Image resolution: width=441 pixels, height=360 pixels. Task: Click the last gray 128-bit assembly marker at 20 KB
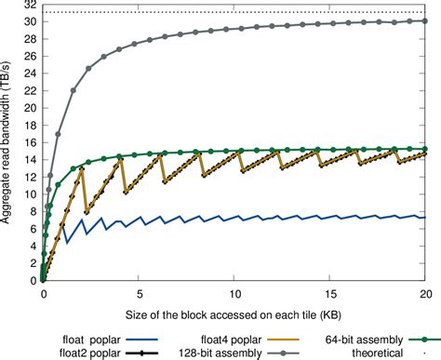click(425, 20)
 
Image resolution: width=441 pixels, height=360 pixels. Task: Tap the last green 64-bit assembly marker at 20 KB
click(425, 149)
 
